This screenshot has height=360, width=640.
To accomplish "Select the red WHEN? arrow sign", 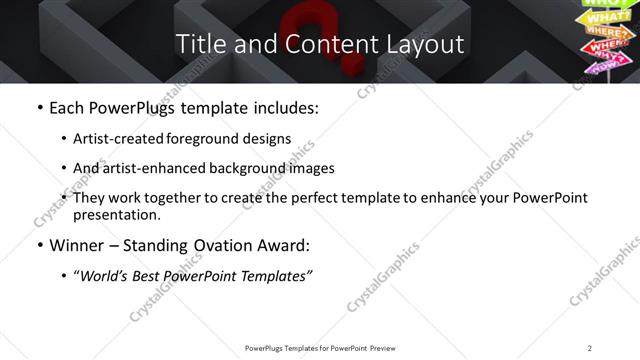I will point(609,46).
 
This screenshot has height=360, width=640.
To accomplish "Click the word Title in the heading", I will point(198,44).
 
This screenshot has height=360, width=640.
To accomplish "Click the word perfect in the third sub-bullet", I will point(345,198).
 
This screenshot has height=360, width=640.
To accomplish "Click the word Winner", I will point(76,245).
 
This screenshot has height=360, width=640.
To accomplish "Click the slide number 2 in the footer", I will point(590,347).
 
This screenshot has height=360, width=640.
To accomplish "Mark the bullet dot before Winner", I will point(38,245).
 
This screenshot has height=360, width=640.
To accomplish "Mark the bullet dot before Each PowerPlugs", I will point(38,107).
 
